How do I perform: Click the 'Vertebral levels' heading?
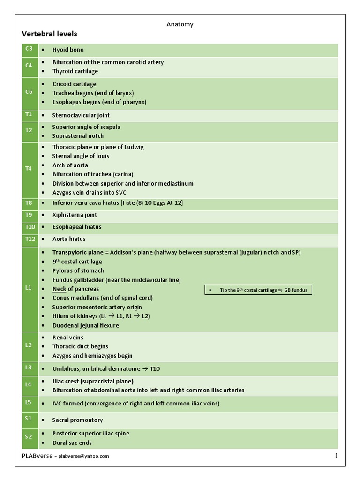(x=49, y=34)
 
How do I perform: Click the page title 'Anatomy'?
(x=180, y=24)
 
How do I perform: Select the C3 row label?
(x=29, y=49)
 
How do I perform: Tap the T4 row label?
(x=29, y=169)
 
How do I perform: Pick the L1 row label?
(x=29, y=288)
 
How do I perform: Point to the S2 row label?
(x=29, y=437)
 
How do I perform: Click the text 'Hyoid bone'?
(x=68, y=50)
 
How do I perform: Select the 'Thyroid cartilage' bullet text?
(x=75, y=71)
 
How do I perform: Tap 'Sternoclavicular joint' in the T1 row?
(x=81, y=115)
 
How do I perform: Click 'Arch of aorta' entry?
(x=70, y=165)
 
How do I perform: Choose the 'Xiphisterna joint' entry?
(x=75, y=215)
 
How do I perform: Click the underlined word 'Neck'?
(x=59, y=289)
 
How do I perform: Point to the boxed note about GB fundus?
(x=259, y=290)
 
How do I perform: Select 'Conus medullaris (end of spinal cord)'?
(x=102, y=298)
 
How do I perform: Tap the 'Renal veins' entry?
(x=67, y=337)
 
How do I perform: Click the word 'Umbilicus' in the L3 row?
(x=66, y=369)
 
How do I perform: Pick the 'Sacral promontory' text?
(x=77, y=420)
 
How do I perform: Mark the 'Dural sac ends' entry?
(x=72, y=442)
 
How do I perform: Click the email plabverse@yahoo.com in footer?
(x=83, y=456)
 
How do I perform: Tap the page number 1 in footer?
(x=336, y=456)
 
